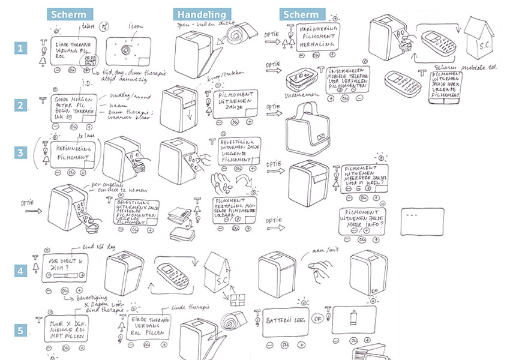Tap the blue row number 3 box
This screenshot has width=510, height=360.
coord(21,152)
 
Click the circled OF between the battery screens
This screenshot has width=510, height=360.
coord(318,319)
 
